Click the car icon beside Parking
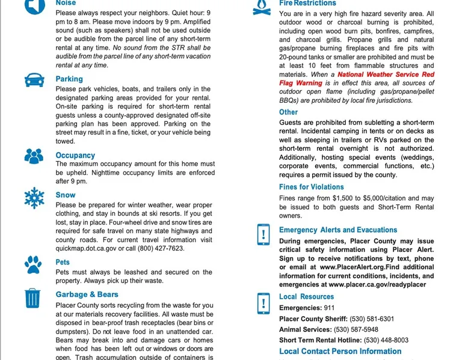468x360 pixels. coord(33,81)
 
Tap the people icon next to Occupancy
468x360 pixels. coord(34,156)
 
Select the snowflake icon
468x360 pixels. coord(34,198)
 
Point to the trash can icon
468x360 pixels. coord(33,298)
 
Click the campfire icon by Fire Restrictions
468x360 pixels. coord(261,7)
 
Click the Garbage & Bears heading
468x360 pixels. coord(87,294)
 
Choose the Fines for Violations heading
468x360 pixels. coord(311,187)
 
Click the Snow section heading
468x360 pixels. coord(66,195)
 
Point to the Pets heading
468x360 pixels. coord(63,262)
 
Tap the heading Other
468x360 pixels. coord(288,112)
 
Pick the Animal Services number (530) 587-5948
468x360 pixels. coord(356,329)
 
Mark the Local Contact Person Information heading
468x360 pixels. coord(340,352)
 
